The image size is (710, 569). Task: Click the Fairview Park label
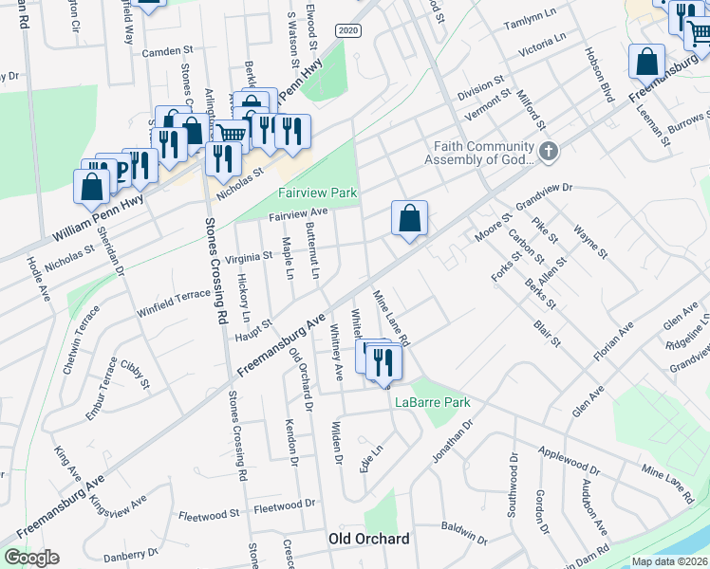pos(317,193)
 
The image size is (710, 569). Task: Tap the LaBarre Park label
pos(433,402)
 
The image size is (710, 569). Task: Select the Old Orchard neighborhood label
pos(369,539)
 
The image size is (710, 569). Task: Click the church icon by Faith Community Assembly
pos(549,152)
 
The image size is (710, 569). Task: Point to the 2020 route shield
pos(347,31)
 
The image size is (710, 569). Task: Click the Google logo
pos(31,558)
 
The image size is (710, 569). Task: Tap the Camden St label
pos(167,53)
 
